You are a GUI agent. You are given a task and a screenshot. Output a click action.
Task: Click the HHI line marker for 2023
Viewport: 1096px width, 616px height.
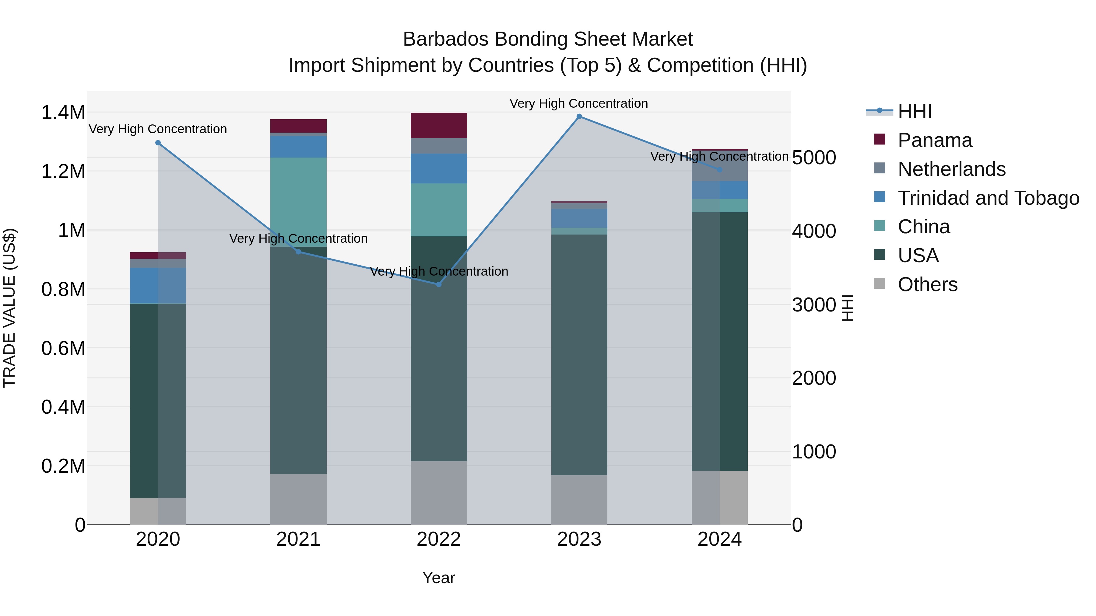pos(579,117)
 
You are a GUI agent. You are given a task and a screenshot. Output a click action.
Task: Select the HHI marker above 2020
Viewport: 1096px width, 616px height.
pos(158,143)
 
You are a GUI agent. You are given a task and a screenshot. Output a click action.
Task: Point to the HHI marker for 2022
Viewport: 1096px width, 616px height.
pos(439,284)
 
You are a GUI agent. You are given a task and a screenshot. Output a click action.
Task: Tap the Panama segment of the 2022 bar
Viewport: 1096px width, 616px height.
pos(439,125)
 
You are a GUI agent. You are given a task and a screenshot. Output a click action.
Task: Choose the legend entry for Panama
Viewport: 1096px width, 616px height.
pos(934,140)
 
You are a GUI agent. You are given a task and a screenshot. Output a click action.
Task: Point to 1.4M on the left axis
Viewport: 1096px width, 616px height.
pos(63,113)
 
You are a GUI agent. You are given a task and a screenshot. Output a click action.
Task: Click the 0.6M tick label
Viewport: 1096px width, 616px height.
pos(63,348)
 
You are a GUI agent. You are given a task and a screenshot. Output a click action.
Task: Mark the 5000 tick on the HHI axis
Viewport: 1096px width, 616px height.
pos(814,158)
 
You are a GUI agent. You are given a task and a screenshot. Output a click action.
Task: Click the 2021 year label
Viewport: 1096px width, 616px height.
pos(298,539)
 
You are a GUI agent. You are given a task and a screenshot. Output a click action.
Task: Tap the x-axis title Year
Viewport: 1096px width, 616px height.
pos(439,578)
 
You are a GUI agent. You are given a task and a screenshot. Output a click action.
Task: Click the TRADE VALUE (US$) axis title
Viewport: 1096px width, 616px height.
pos(9,308)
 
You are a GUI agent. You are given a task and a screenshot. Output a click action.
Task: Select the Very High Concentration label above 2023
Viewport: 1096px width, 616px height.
pos(579,103)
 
